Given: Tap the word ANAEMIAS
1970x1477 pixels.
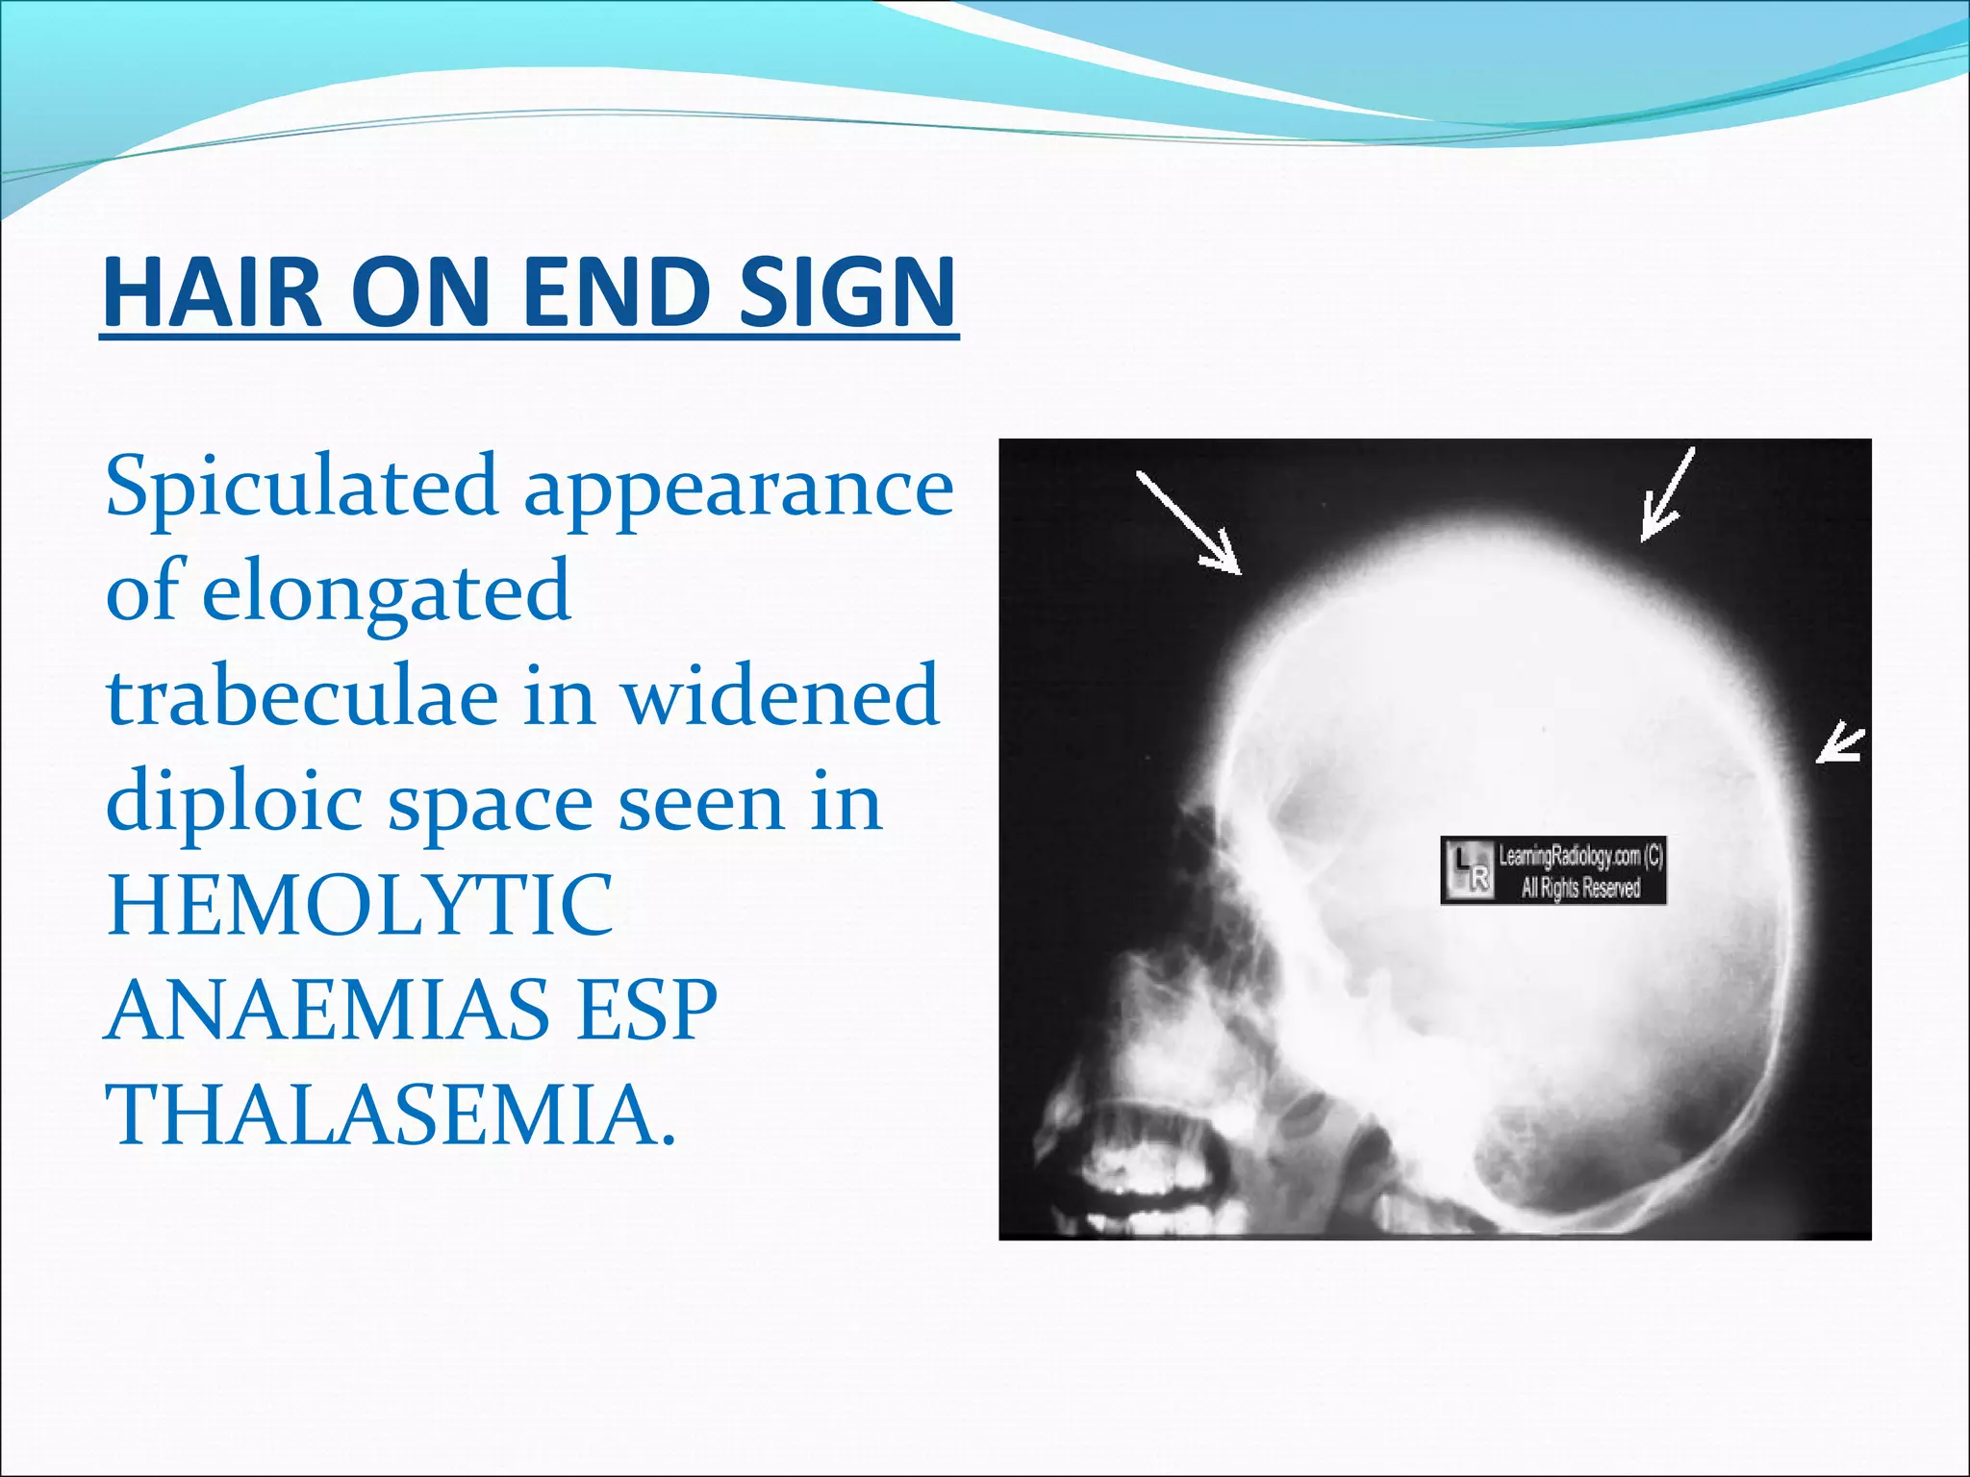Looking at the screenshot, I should point(327,1010).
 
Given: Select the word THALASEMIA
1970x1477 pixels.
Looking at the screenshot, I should point(390,1114).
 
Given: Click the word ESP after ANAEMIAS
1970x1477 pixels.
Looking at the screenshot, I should point(646,1010).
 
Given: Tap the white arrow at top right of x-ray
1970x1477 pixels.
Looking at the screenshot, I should point(1667,494).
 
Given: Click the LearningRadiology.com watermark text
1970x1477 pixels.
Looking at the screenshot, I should point(1579,870).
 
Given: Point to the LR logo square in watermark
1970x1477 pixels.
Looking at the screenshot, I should point(1468,871).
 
